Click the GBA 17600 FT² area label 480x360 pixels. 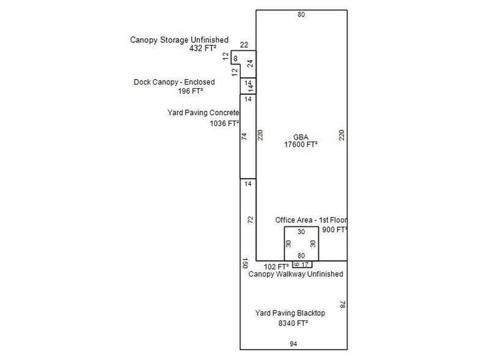point(301,141)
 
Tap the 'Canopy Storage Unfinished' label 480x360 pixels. point(179,40)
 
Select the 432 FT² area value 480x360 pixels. point(203,48)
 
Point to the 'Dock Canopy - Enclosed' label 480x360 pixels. point(174,82)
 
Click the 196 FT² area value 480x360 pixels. point(190,91)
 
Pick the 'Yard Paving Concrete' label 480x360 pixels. point(203,113)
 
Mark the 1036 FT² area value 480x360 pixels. point(224,124)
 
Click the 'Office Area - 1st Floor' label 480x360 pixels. point(311,220)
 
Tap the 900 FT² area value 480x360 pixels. point(334,230)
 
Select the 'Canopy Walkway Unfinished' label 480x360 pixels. point(296,274)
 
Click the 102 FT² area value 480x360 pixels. point(276,267)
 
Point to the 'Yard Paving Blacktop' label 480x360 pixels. point(290,313)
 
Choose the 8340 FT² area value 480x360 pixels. point(293,323)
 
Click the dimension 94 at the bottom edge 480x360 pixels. point(293,344)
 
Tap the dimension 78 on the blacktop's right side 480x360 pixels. point(343,305)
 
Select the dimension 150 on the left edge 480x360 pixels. point(245,263)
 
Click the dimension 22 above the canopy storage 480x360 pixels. point(244,45)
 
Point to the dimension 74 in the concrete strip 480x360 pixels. point(244,137)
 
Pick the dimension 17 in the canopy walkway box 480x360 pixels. point(305,264)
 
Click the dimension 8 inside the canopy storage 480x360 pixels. point(235,59)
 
